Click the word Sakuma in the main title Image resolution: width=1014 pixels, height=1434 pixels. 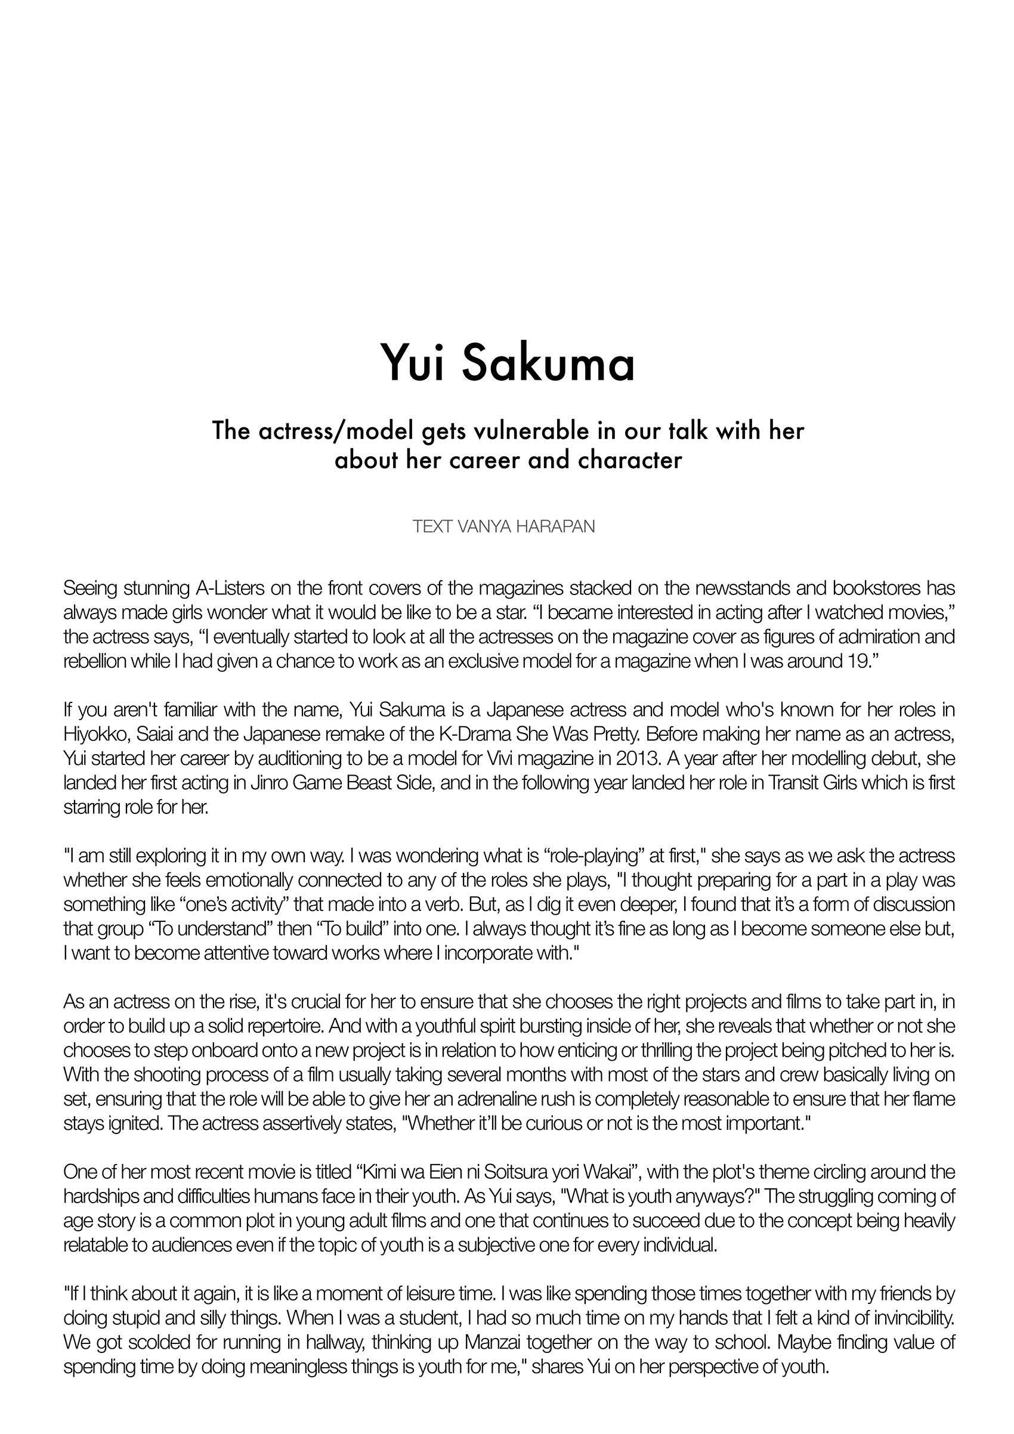point(548,365)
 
